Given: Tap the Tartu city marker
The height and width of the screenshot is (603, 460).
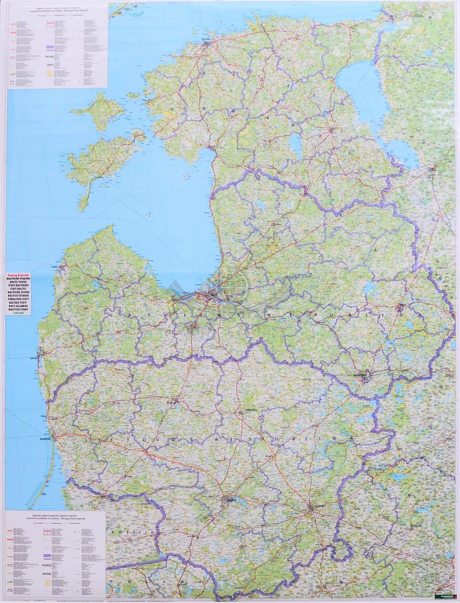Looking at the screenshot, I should click(x=333, y=129).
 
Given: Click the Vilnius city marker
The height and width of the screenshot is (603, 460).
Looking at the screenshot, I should click(x=311, y=508).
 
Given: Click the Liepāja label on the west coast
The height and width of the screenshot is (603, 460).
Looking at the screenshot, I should click(x=34, y=357).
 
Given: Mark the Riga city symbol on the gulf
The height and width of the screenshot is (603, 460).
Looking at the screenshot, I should click(x=211, y=295).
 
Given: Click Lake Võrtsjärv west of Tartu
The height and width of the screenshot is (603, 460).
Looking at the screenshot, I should click(x=295, y=144).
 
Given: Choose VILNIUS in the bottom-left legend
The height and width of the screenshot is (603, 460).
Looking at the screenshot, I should click(x=47, y=565).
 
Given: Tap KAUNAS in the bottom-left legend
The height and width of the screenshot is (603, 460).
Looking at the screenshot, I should click(x=47, y=574).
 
